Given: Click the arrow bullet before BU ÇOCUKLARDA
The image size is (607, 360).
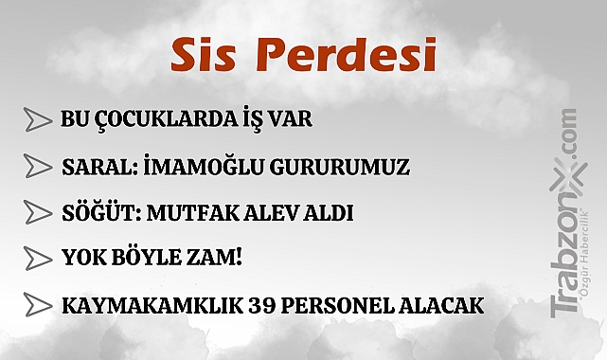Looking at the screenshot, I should tap(37, 121).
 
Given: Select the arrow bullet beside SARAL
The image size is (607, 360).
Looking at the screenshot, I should tap(37, 168).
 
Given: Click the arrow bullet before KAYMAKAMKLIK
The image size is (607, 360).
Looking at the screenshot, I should tap(37, 306).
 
